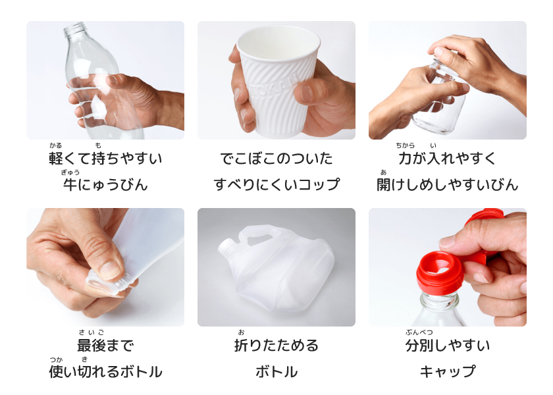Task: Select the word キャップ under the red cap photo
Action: [x=448, y=372]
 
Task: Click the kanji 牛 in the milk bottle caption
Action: [x=70, y=185]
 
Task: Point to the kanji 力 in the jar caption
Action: [x=405, y=159]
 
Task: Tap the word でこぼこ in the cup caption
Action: [x=248, y=159]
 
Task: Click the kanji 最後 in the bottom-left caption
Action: [x=91, y=345]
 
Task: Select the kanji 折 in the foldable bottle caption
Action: [x=241, y=345]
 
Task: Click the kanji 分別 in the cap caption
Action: [x=420, y=345]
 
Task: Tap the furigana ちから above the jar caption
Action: [x=405, y=145]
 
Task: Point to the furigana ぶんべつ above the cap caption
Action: [x=419, y=332]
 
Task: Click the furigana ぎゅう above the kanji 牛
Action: [x=70, y=172]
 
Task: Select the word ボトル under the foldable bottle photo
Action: [x=276, y=372]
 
